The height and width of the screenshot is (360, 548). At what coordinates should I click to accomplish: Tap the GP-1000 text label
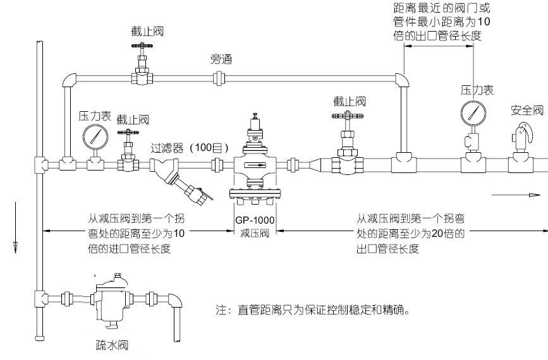[255, 220]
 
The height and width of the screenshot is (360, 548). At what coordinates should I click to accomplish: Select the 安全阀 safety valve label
[527, 111]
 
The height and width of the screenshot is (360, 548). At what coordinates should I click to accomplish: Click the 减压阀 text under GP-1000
[255, 233]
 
